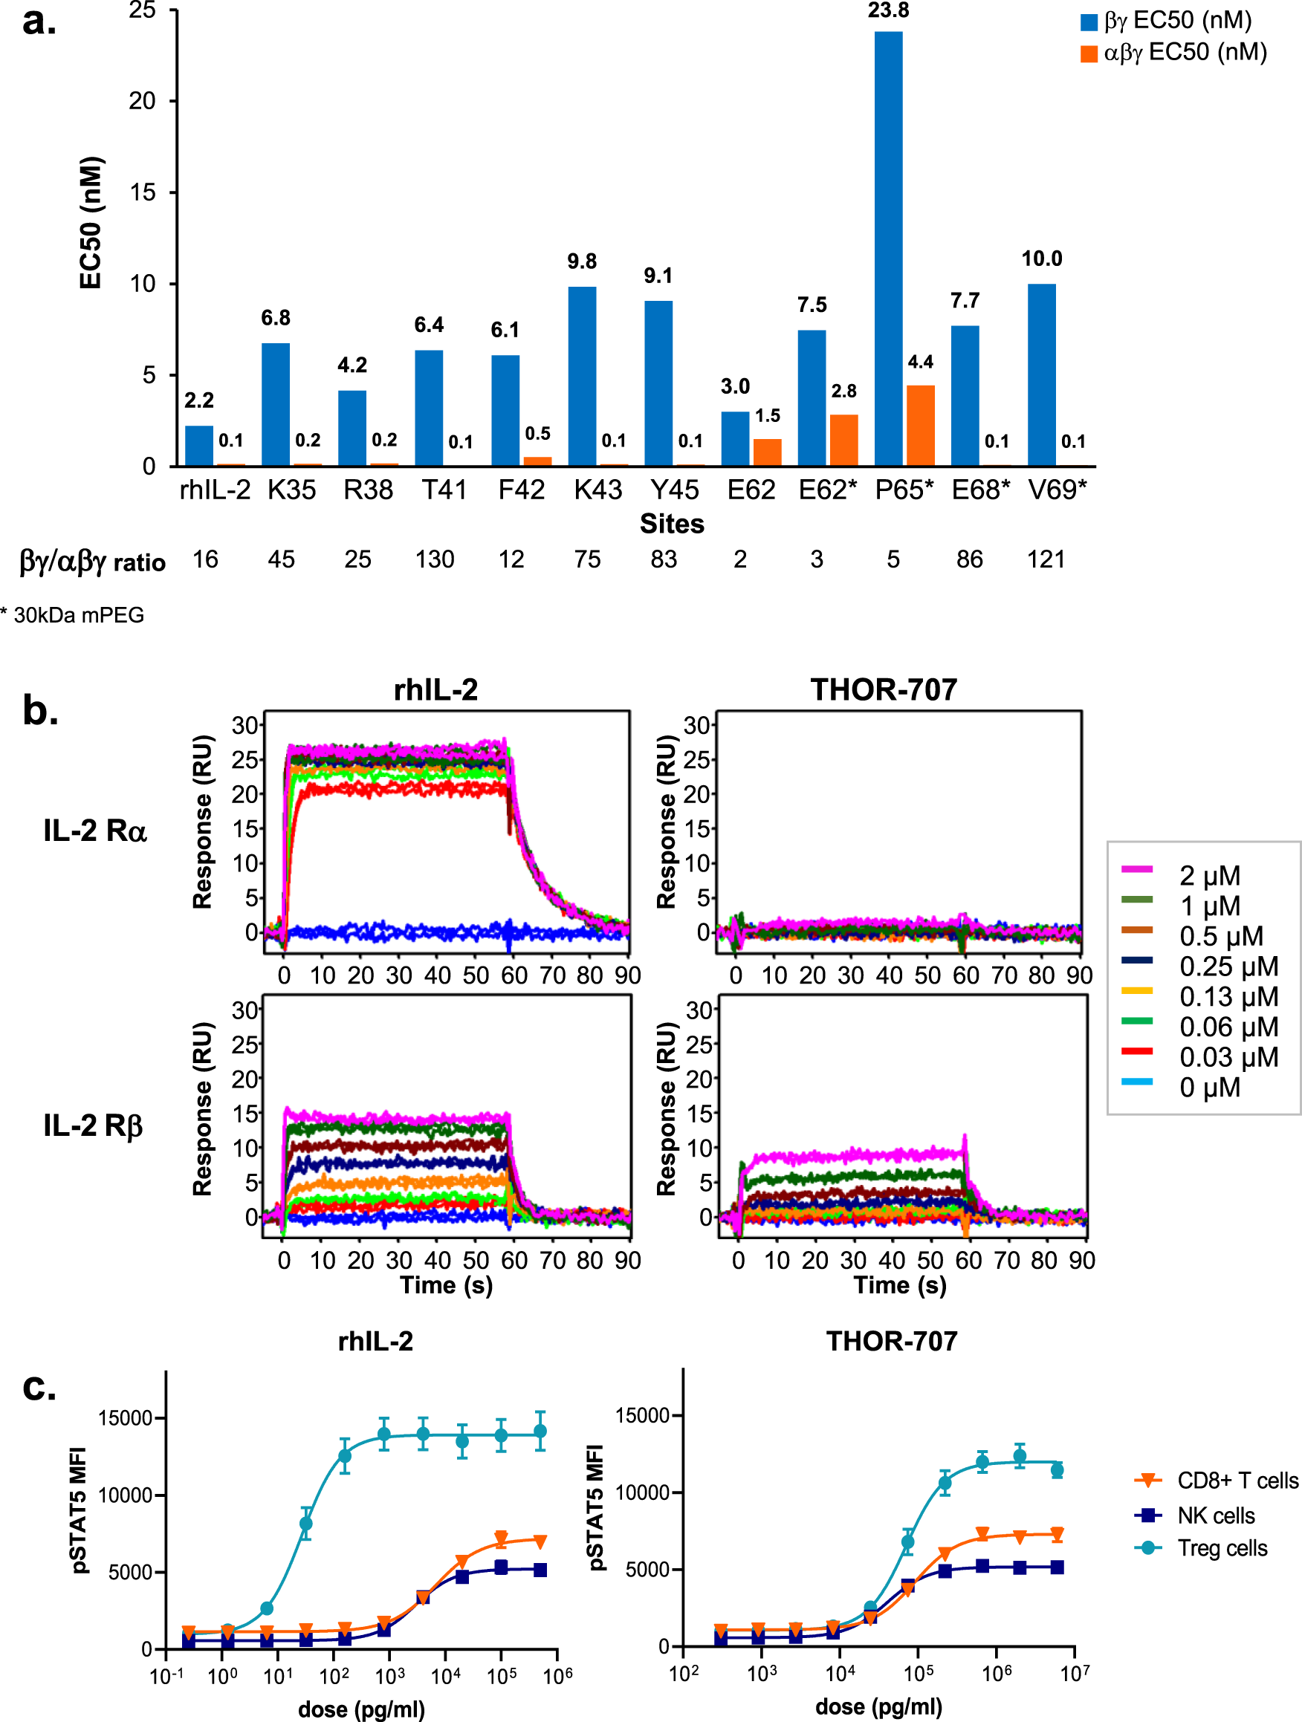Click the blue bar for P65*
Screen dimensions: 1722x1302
point(889,249)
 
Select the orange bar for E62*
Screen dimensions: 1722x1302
point(843,440)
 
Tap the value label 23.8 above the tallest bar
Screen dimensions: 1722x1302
point(889,10)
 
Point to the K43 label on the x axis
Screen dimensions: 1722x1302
point(597,490)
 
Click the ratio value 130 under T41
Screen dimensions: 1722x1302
point(435,559)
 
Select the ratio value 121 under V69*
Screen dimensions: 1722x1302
point(1046,559)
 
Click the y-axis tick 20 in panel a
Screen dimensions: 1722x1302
point(143,100)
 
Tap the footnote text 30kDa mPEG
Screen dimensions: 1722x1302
point(78,615)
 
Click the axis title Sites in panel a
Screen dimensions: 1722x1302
point(671,524)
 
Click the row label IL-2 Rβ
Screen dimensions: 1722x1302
point(94,1125)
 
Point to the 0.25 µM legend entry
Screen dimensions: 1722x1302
point(1227,966)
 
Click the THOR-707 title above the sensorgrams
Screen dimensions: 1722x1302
point(883,689)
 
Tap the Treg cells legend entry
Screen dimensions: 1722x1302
point(1222,1547)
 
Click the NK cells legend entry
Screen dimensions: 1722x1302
point(1216,1515)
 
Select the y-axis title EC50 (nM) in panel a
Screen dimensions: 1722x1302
point(91,223)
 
